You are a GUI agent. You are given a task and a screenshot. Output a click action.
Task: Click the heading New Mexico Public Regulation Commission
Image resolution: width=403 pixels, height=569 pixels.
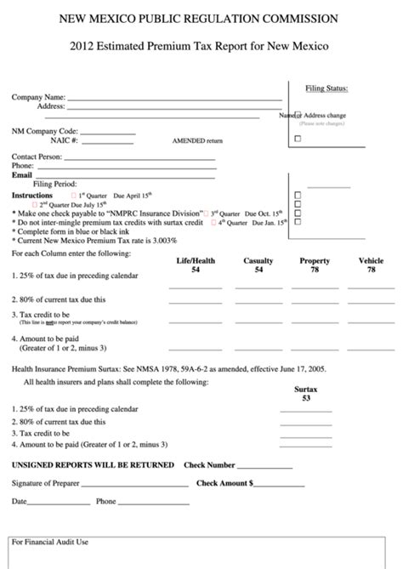click(x=201, y=18)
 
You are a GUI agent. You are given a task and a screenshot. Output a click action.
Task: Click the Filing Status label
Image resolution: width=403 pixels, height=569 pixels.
click(x=326, y=87)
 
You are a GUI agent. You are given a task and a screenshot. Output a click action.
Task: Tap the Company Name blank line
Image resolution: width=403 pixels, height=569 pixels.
click(x=174, y=100)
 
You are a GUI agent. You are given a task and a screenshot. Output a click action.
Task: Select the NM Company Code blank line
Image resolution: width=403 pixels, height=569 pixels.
click(x=107, y=133)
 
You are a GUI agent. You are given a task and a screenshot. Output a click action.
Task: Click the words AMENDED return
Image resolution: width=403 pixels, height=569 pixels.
click(x=197, y=141)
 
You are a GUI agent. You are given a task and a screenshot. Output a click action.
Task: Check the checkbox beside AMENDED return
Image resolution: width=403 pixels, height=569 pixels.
click(x=298, y=139)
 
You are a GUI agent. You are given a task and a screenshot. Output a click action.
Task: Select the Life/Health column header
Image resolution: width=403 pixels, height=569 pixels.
click(x=196, y=261)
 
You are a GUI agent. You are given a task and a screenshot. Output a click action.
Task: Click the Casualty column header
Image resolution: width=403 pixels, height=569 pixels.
click(x=258, y=261)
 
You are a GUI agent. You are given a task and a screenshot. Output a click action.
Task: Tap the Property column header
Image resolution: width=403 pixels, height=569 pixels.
click(x=315, y=261)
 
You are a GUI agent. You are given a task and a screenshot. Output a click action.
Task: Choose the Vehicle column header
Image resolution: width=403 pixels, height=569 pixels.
click(x=371, y=261)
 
